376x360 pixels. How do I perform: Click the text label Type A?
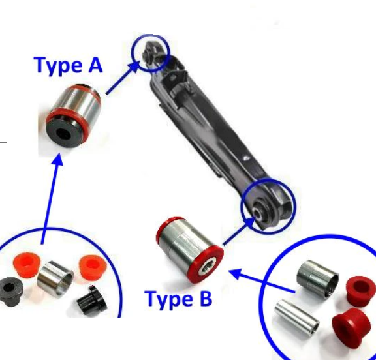coord(69,65)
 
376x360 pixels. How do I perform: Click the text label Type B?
coord(179,299)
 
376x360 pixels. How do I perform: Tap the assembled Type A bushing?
coord(73,115)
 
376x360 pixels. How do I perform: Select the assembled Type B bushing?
coord(189,250)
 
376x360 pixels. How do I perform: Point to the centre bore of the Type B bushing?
coord(207,267)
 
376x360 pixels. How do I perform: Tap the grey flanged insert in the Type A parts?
coord(11,292)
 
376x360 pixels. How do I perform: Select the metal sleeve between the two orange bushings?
coord(55,278)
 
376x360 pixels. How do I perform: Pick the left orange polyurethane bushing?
coord(26,265)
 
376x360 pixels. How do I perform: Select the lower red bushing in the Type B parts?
coord(351,328)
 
